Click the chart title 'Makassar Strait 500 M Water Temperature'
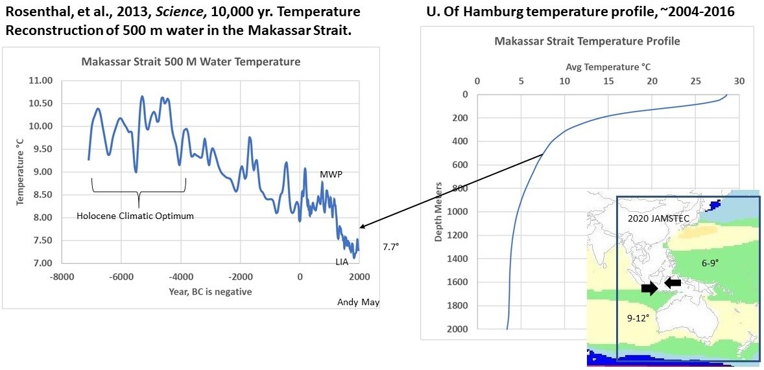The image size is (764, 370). (x=191, y=62)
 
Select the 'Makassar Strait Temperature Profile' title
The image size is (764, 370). (x=587, y=41)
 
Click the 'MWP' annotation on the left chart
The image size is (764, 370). (x=331, y=175)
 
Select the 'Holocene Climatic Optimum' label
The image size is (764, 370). (x=135, y=216)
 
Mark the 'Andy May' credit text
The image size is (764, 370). (x=358, y=302)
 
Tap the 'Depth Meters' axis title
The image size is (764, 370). (x=438, y=212)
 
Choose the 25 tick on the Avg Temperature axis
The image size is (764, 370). (x=696, y=82)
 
